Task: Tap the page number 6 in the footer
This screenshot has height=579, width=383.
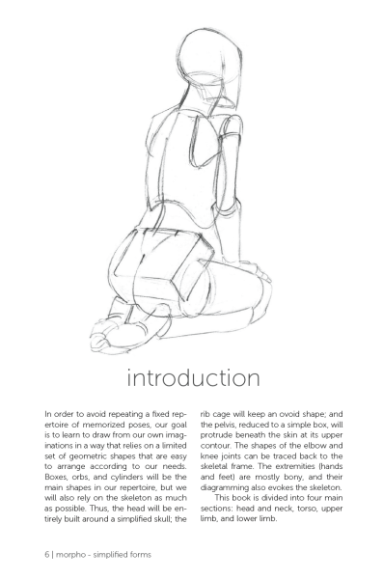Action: click(x=45, y=554)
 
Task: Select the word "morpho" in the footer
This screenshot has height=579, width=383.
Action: click(x=73, y=554)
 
